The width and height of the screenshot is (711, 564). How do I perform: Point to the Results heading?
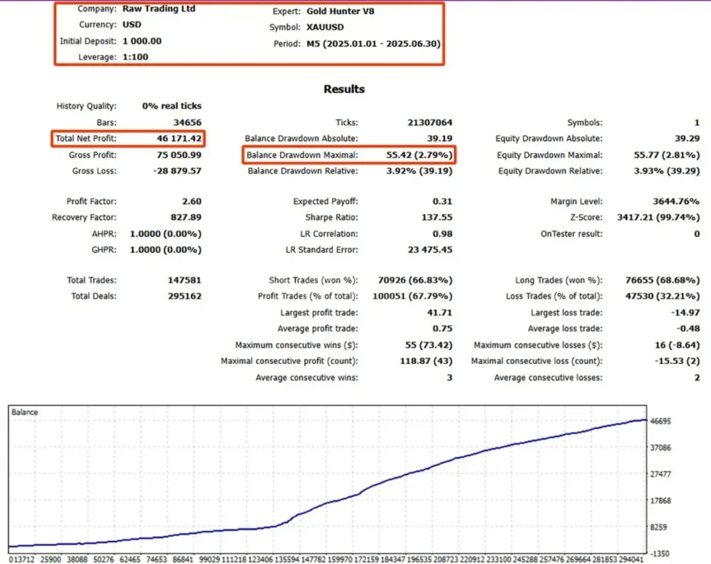(x=344, y=89)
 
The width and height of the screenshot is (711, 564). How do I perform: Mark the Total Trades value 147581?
(x=182, y=281)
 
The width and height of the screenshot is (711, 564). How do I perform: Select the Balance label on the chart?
(x=26, y=413)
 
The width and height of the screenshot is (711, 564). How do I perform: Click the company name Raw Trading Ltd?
(x=159, y=9)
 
